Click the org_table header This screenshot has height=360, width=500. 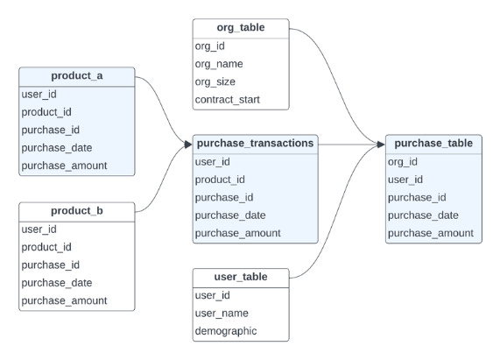pyautogui.click(x=240, y=28)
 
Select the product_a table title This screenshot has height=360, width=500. pyautogui.click(x=77, y=75)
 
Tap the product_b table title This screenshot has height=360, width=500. pyautogui.click(x=77, y=210)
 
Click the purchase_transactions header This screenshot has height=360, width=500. pyautogui.click(x=255, y=143)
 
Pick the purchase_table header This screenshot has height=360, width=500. pyautogui.click(x=433, y=143)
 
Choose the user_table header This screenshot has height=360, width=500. pyautogui.click(x=240, y=278)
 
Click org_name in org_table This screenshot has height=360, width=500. pyautogui.click(x=219, y=64)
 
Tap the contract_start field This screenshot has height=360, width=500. pyautogui.click(x=227, y=99)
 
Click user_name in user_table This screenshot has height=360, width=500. pyautogui.click(x=222, y=314)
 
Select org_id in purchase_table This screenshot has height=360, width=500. pyautogui.click(x=402, y=161)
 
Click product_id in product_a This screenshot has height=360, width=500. pyautogui.click(x=46, y=111)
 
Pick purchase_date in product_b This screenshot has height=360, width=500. pyautogui.click(x=57, y=282)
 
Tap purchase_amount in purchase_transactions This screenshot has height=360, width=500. pyautogui.click(x=237, y=233)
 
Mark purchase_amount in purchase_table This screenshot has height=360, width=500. pyautogui.click(x=430, y=233)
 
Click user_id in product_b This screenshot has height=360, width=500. pyautogui.click(x=39, y=229)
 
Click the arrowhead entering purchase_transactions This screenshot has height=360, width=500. pyautogui.click(x=187, y=144)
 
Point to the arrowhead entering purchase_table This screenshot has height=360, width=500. pyautogui.click(x=380, y=144)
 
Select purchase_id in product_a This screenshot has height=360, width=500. pyautogui.click(x=51, y=130)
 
